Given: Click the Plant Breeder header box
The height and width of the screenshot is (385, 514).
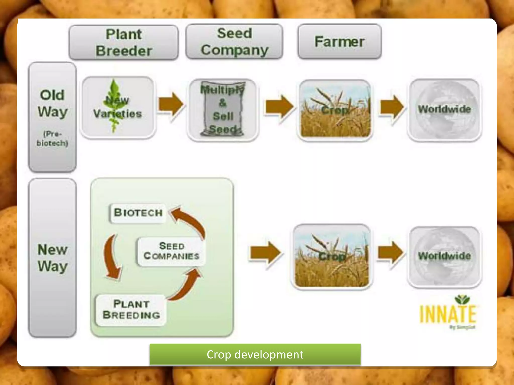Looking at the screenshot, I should (x=123, y=42).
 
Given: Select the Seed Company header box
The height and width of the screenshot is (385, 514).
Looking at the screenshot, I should (x=234, y=42).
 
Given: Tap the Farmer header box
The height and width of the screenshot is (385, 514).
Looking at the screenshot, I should (x=339, y=42).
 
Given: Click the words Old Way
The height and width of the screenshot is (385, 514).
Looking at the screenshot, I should (x=52, y=103).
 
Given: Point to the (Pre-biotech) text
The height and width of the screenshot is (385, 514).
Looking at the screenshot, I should (x=52, y=138).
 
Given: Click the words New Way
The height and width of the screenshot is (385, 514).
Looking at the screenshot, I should (x=52, y=258).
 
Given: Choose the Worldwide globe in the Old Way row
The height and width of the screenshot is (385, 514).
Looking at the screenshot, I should (x=444, y=110).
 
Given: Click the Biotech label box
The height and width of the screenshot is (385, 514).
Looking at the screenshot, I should (x=138, y=213).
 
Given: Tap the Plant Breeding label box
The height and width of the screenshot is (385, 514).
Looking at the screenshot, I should (x=131, y=310).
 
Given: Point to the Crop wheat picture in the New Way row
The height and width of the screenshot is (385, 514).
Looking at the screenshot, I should (x=332, y=257).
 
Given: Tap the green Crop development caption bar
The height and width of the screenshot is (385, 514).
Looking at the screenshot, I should (x=255, y=354).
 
